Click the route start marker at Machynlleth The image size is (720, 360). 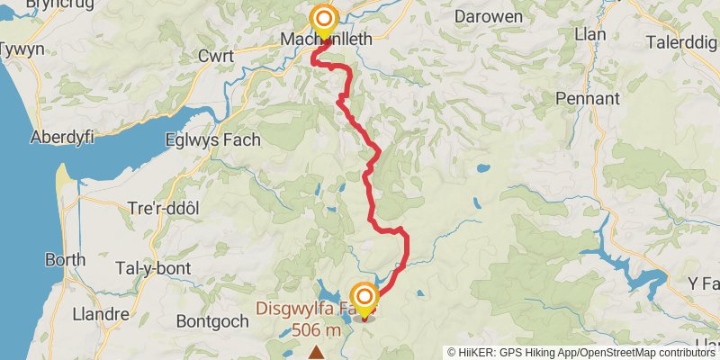322,19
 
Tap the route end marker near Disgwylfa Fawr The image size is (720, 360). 364,297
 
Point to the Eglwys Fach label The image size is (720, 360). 212,139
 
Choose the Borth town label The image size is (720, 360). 66,260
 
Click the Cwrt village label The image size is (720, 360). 216,57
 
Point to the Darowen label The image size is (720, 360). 488,16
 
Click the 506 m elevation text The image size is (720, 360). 316,330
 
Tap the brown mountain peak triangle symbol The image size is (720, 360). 316,354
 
